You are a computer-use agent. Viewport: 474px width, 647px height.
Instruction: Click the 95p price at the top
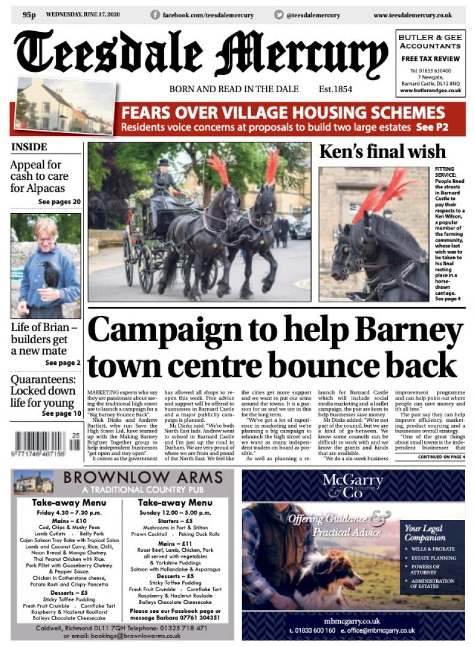pyautogui.click(x=29, y=14)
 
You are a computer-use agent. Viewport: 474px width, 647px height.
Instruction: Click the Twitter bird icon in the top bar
pyautogui.click(x=279, y=14)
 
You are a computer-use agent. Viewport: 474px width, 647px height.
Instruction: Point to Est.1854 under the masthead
pyautogui.click(x=336, y=89)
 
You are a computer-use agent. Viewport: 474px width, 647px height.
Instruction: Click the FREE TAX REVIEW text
pyautogui.click(x=430, y=59)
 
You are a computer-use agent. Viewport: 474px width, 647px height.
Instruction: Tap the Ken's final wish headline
pyautogui.click(x=382, y=152)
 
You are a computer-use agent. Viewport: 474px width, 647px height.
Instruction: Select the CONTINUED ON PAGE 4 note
pyautogui.click(x=440, y=457)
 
